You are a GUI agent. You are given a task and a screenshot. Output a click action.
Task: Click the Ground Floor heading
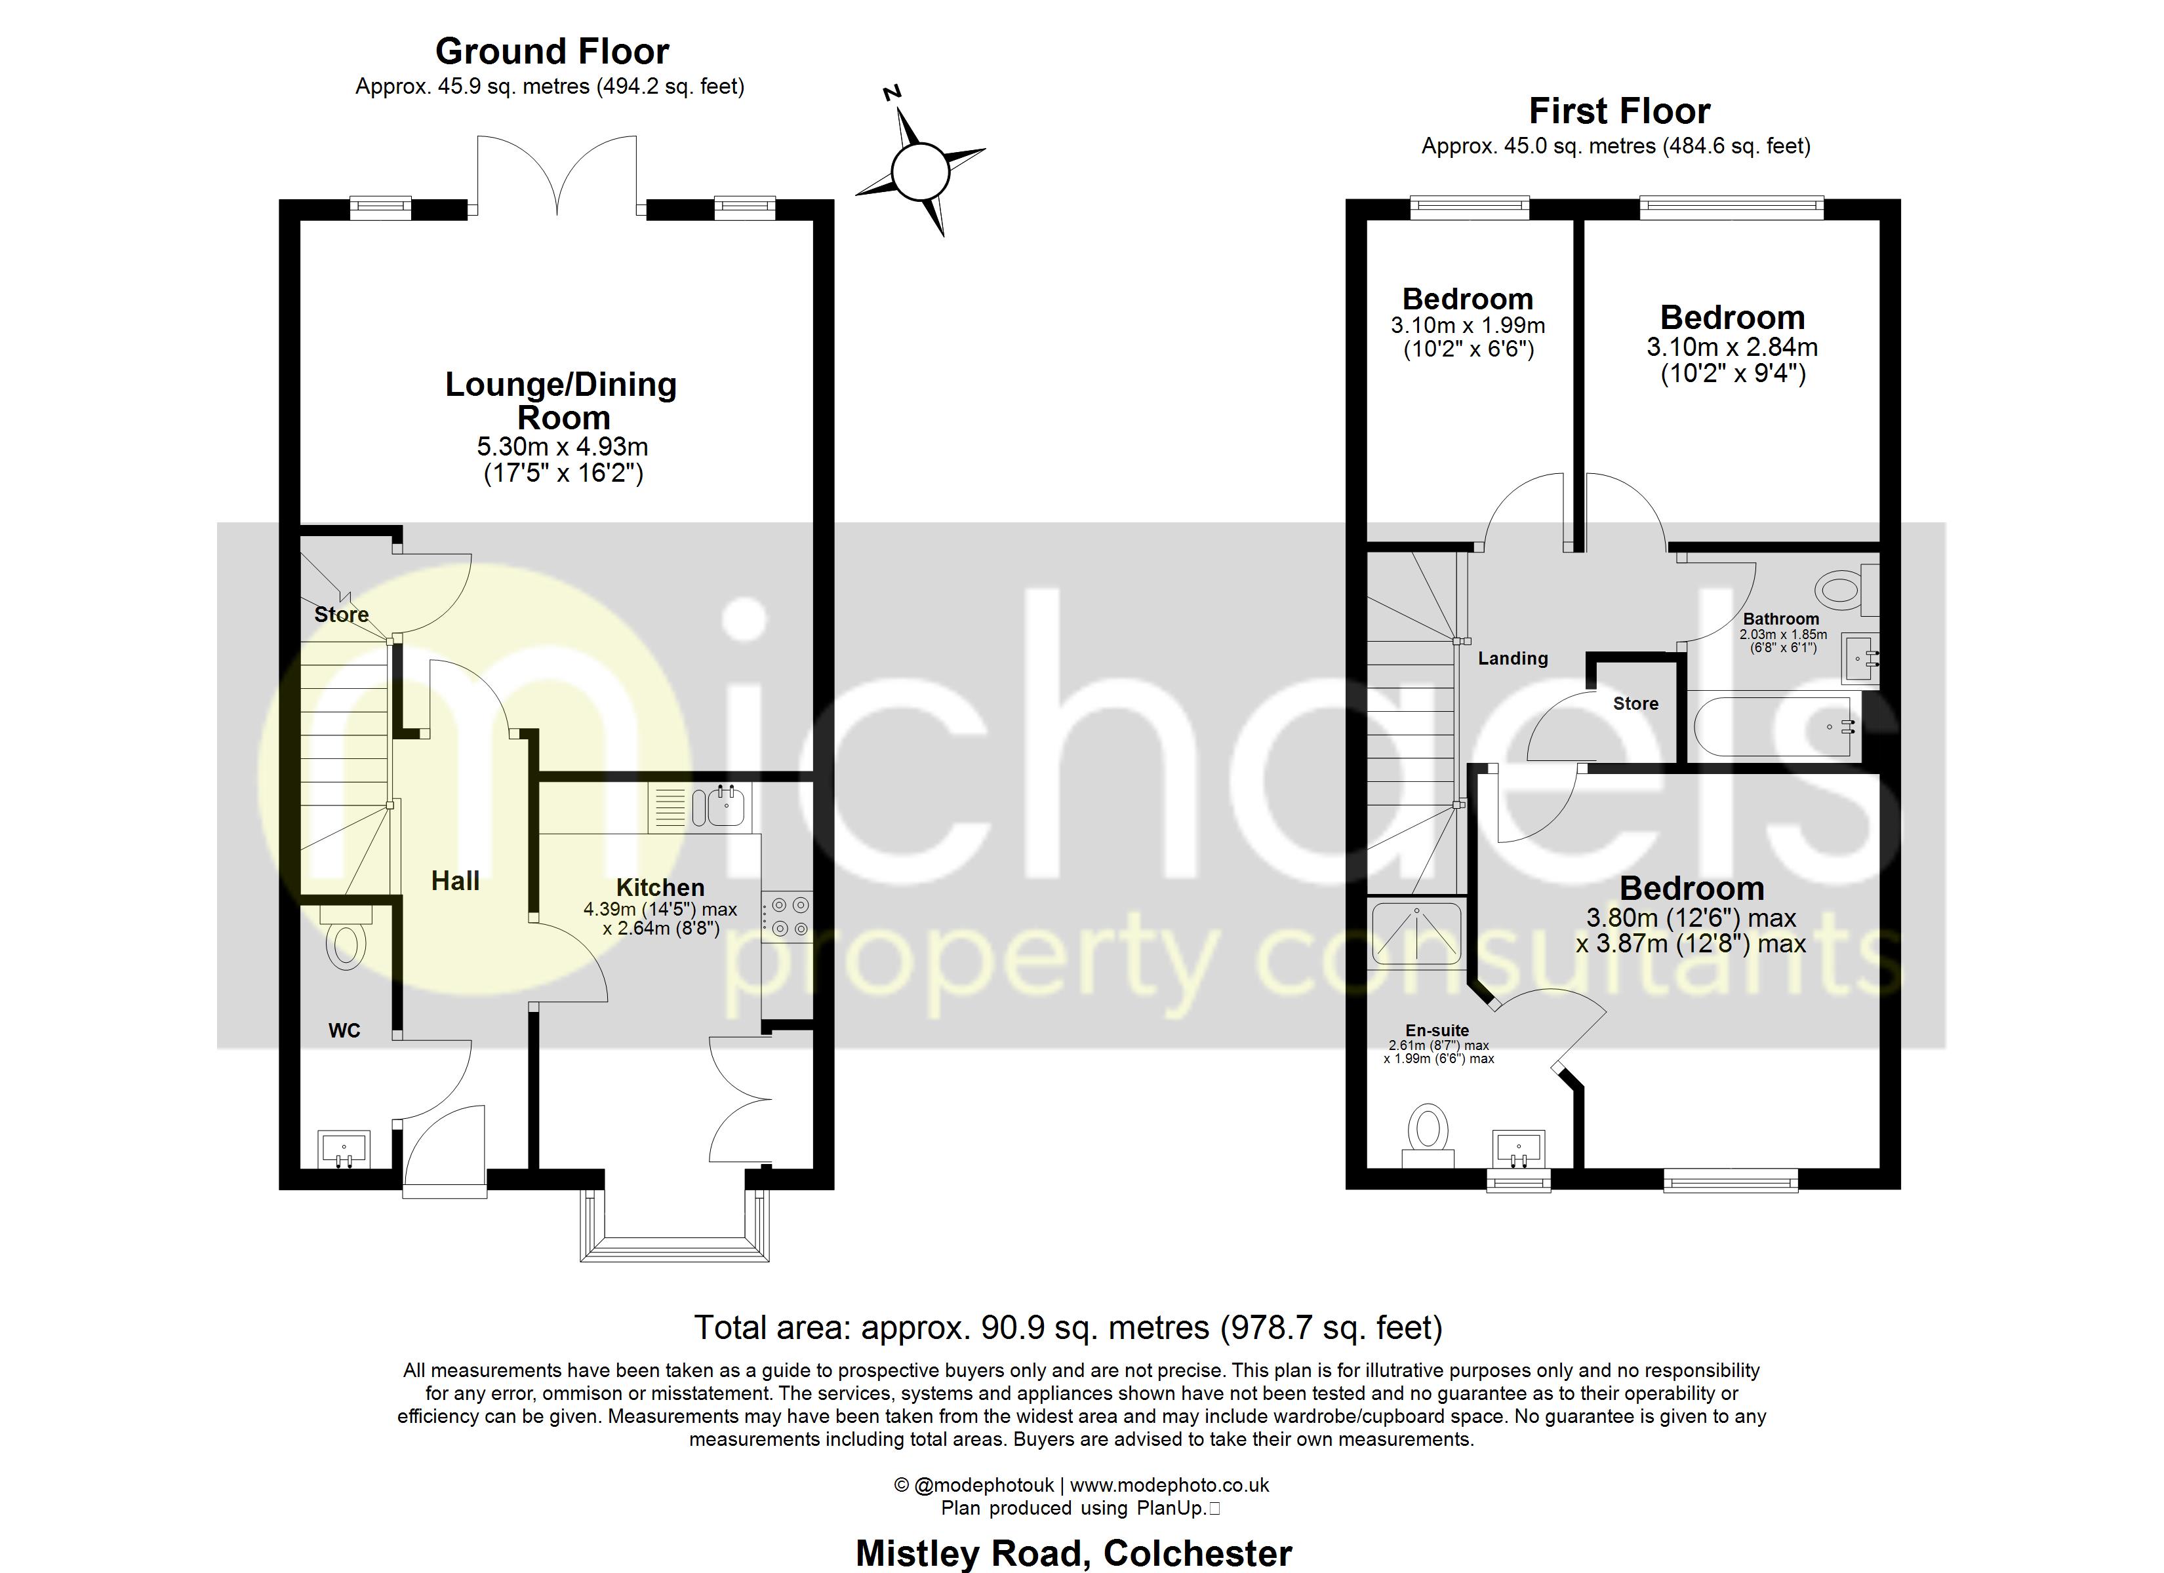coord(551,50)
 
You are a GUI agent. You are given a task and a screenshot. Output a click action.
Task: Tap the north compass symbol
coord(920,172)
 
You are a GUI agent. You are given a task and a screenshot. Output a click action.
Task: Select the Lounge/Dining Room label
coord(561,400)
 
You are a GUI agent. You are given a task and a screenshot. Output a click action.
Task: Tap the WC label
coord(344,1030)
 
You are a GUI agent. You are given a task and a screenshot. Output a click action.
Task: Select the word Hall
coord(455,880)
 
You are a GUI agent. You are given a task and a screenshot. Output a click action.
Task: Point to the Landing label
coord(1512,658)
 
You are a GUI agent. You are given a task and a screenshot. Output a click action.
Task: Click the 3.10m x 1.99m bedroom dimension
coord(1468,325)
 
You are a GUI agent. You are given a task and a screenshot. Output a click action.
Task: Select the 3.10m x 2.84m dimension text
coord(1732,347)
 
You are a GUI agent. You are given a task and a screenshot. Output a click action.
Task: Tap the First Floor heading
coord(1618,111)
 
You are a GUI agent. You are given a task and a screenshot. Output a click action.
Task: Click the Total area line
coord(1068,1327)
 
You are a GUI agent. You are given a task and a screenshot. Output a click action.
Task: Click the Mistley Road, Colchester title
coord(1073,1553)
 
